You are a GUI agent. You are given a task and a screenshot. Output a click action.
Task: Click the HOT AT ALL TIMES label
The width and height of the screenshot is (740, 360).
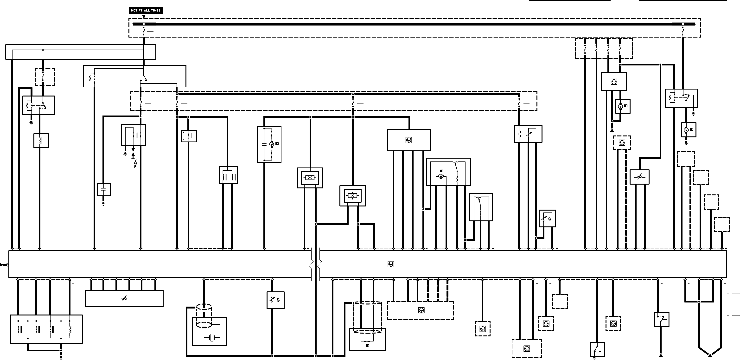click(x=146, y=10)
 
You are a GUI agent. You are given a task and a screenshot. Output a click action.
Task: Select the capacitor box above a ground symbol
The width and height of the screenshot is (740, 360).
click(x=104, y=190)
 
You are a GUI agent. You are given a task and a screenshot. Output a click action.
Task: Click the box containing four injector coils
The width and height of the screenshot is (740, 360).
click(x=46, y=329)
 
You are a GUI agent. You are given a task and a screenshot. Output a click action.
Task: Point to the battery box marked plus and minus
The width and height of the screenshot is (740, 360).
click(x=189, y=136)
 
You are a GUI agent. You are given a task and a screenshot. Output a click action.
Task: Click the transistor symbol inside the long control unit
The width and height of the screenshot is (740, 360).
click(x=391, y=264)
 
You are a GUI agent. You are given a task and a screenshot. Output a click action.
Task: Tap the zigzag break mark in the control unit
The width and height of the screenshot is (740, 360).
click(x=315, y=264)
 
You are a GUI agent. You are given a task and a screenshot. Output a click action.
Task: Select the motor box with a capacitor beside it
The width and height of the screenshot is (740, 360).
click(x=269, y=144)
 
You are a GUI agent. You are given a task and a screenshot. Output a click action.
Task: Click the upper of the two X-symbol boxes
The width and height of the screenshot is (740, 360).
click(x=310, y=178)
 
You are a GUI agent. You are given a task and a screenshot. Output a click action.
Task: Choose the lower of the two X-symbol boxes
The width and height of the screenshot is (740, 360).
click(x=352, y=196)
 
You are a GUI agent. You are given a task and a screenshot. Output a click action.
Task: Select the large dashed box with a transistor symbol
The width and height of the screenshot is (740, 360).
click(x=420, y=310)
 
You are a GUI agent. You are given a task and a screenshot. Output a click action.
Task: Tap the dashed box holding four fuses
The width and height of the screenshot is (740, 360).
click(x=604, y=49)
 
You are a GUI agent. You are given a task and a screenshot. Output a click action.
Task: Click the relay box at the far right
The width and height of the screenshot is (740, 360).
click(x=681, y=98)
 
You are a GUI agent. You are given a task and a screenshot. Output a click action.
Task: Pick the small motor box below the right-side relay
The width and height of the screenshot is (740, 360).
click(x=689, y=130)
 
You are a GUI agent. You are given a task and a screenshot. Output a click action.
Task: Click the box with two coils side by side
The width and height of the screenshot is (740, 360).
click(x=228, y=175)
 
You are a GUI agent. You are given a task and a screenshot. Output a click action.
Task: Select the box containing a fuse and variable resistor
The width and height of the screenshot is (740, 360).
click(x=528, y=134)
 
